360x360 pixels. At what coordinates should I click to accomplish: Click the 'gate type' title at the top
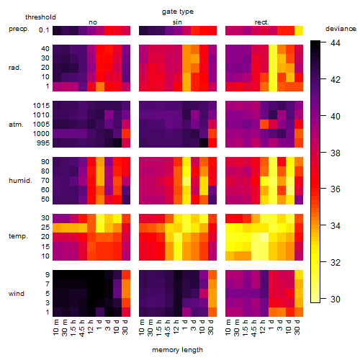[x=178, y=12]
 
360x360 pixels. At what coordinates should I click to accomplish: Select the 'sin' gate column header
[x=177, y=22]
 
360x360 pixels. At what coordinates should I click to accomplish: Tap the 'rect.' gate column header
[x=261, y=22]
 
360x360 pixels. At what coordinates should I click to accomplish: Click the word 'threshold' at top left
[x=40, y=17]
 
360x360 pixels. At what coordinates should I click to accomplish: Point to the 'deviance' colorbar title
[x=341, y=29]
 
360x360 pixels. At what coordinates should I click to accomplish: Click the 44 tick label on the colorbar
[x=336, y=43]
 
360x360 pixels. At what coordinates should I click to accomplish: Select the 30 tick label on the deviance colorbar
[x=336, y=299]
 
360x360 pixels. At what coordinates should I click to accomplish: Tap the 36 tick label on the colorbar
[x=336, y=189]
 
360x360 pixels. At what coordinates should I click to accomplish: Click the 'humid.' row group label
[x=20, y=181]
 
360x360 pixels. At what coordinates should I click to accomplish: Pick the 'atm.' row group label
[x=16, y=125]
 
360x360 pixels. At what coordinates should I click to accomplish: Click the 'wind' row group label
[x=17, y=294]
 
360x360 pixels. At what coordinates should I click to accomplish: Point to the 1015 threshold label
[x=41, y=106]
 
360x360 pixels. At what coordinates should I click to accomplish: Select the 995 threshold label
[x=43, y=143]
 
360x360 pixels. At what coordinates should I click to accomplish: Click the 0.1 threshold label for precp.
[x=44, y=30]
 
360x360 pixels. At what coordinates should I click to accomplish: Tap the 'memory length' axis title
[x=177, y=350]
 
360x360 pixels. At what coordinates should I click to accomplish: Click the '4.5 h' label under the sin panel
[x=167, y=328]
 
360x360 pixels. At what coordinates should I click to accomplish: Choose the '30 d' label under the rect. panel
[x=297, y=327]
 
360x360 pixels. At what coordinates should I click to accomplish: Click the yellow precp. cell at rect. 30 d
[x=299, y=30]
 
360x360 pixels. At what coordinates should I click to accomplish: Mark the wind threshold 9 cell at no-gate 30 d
[x=126, y=275]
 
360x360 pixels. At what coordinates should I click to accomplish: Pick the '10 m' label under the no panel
[x=55, y=328]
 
